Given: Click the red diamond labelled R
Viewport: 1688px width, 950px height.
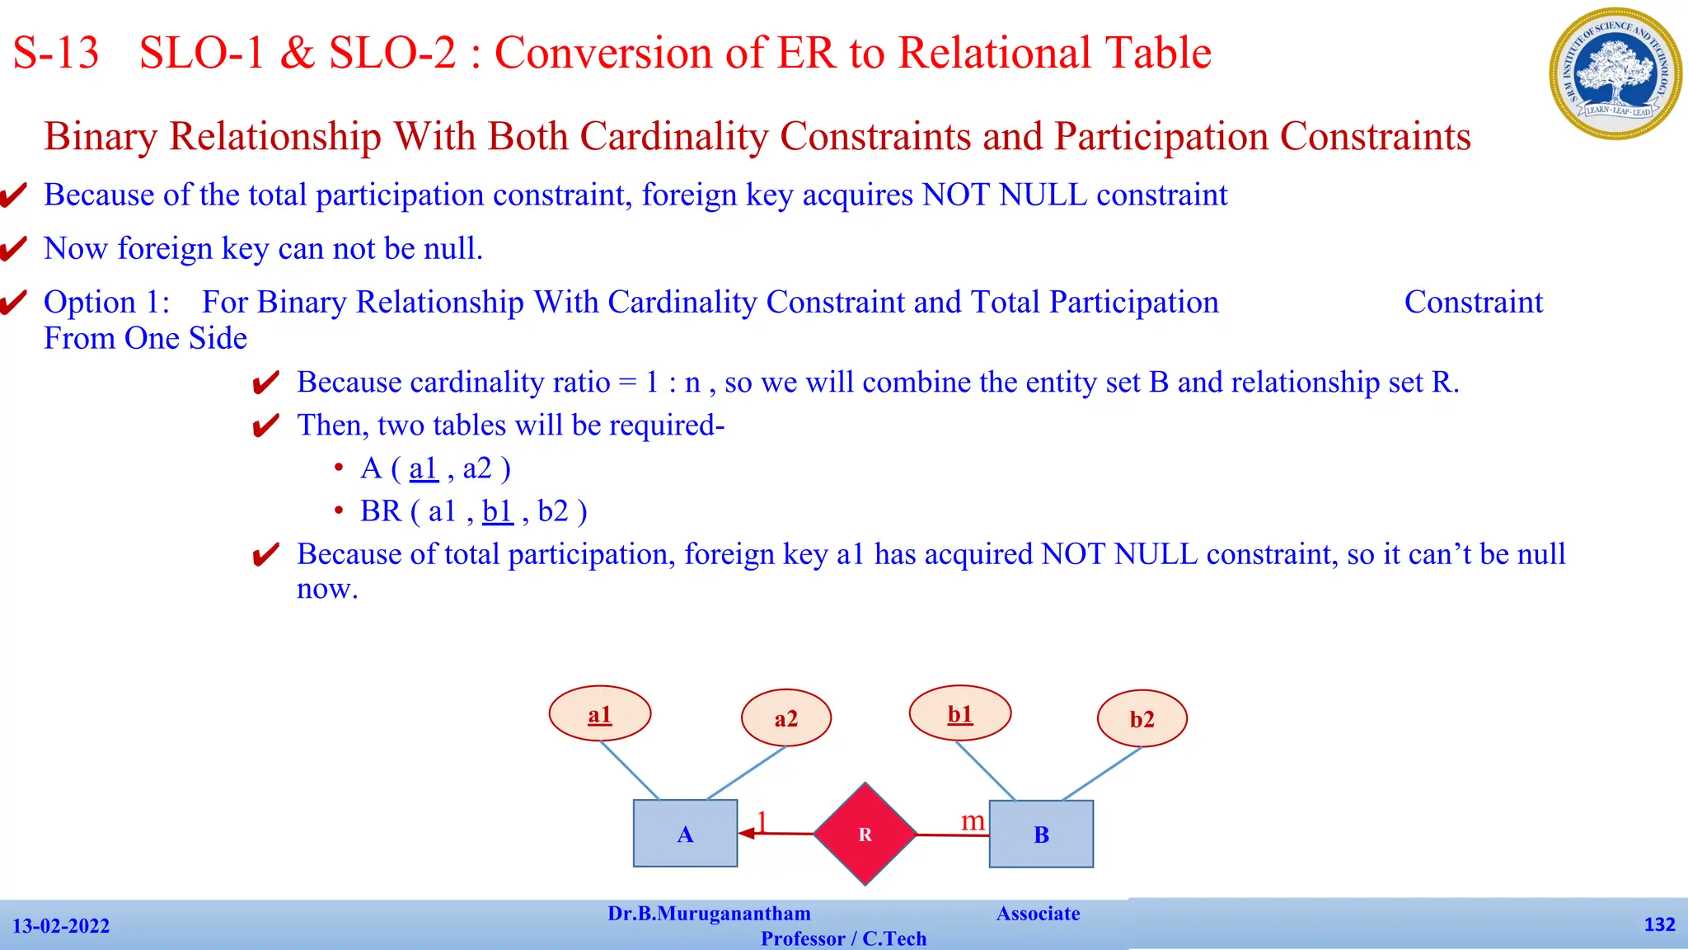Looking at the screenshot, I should (x=865, y=834).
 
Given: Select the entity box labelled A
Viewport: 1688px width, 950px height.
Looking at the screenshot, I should (x=685, y=834).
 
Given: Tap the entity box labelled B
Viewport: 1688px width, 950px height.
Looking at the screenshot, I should (x=1041, y=834).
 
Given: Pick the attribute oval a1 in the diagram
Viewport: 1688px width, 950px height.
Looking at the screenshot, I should (x=600, y=714).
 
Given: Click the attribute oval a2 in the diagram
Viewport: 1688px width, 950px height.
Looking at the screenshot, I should (x=786, y=718).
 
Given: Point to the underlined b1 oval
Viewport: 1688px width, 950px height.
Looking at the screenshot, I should (x=960, y=713).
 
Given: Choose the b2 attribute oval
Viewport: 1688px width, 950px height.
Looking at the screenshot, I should (x=1142, y=719).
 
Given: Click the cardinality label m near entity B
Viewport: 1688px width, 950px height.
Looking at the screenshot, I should (x=973, y=821).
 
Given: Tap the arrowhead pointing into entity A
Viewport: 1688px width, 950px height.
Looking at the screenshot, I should (x=747, y=833).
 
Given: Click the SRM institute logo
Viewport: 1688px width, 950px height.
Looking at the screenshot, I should (x=1615, y=73).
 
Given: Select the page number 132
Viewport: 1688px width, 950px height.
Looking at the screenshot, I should (x=1659, y=924).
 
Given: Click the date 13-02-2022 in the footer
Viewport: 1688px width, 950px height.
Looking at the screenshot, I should (x=61, y=926).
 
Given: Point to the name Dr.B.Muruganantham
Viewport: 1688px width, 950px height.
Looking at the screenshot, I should (x=709, y=914).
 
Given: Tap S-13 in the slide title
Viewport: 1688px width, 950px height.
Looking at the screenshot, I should (x=56, y=53).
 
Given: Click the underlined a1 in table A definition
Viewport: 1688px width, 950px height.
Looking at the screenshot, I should (x=423, y=468).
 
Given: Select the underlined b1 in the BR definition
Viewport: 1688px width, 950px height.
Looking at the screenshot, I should (x=497, y=511).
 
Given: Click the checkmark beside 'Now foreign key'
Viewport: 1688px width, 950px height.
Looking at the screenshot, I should (x=14, y=248).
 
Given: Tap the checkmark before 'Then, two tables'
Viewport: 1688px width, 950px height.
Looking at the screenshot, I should (x=265, y=426).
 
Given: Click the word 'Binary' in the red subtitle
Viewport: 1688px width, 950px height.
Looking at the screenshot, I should (x=101, y=137).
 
